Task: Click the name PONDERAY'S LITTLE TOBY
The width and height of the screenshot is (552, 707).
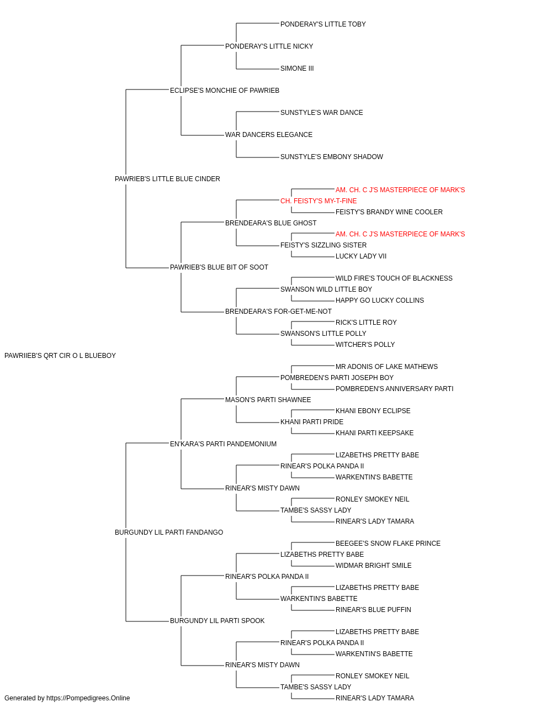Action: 323,24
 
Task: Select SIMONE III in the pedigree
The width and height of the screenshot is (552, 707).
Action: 297,68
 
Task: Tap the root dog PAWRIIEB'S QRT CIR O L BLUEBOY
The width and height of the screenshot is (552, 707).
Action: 60,356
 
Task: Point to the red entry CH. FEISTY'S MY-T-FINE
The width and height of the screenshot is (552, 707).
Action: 319,201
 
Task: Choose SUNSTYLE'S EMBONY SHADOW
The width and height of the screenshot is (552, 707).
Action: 332,157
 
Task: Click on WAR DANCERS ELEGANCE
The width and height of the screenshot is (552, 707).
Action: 268,135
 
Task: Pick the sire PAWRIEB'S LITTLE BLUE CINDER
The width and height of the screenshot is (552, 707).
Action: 167,179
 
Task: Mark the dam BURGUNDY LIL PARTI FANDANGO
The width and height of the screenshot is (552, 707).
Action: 169,532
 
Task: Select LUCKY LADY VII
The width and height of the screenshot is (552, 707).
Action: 361,256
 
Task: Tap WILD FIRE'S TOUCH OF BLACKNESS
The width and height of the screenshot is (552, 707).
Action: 394,278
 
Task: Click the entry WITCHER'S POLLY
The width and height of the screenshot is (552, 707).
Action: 365,345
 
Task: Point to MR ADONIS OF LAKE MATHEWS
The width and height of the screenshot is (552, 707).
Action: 386,367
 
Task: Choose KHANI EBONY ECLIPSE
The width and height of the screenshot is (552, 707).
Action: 373,411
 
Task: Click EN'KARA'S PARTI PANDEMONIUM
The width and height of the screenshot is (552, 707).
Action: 223,444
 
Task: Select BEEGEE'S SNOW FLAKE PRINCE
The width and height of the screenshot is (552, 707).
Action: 388,544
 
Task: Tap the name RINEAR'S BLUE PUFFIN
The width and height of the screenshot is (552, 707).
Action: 373,610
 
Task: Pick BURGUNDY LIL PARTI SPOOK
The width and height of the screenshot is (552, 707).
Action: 217,621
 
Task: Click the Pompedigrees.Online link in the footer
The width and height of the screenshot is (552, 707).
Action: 88,698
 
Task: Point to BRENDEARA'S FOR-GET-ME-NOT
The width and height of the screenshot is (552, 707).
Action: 278,312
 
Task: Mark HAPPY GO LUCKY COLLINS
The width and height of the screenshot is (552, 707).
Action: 380,300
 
